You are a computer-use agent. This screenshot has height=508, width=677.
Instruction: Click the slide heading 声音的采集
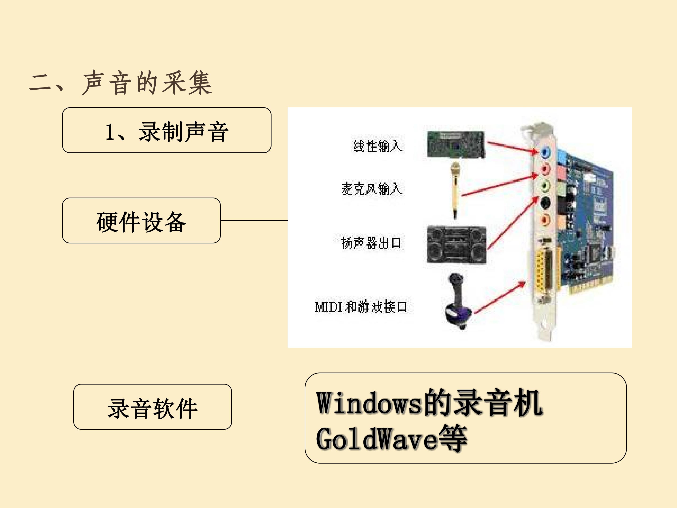[147, 83]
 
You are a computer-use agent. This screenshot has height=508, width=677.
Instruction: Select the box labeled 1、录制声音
[167, 130]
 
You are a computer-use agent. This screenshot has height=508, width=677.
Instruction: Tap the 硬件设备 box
[142, 220]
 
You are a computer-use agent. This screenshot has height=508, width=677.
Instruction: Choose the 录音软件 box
[153, 407]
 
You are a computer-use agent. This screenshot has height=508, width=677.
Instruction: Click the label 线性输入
[378, 146]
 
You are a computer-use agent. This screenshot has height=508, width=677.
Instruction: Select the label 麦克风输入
[372, 188]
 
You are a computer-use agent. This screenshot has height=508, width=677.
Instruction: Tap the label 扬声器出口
[371, 243]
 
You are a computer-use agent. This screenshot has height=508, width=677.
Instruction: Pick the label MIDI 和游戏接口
[361, 306]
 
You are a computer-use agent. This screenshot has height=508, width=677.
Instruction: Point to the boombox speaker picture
[456, 245]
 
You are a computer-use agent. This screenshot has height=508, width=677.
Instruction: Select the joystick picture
[458, 301]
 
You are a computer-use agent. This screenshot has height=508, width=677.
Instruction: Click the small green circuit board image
[456, 145]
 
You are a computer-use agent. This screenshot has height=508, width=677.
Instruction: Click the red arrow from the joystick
[500, 298]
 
